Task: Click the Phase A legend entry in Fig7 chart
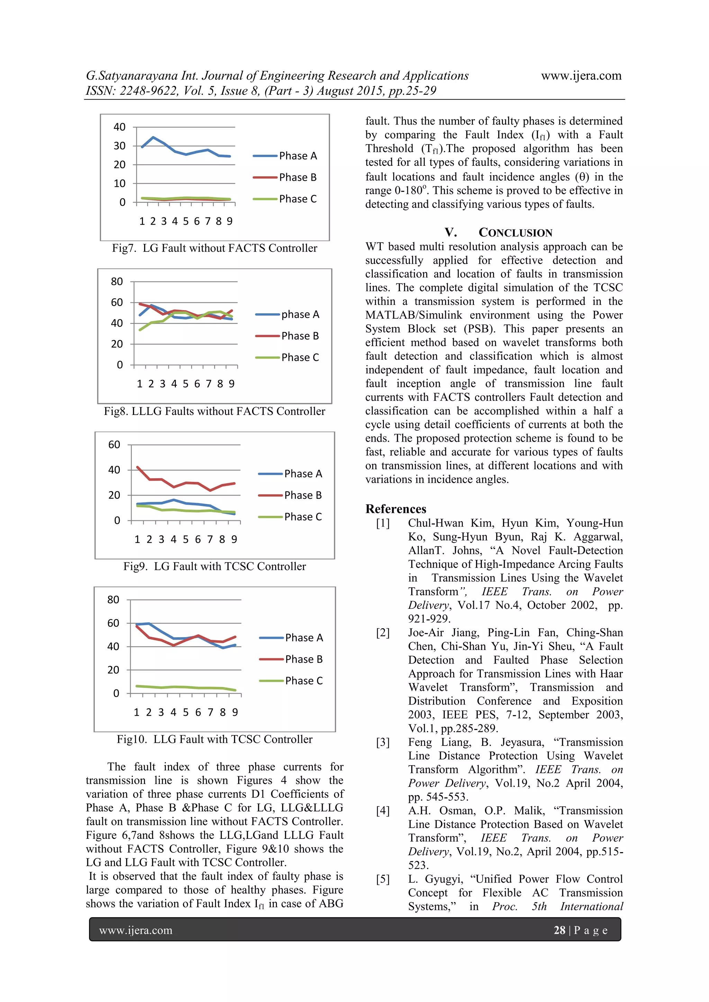[x=297, y=156]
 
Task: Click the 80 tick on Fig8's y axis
[x=117, y=281]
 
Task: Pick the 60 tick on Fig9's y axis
[x=114, y=445]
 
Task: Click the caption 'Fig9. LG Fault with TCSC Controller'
[x=214, y=567]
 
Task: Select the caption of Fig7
[x=214, y=248]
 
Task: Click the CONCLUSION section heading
[x=515, y=233]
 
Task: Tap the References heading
[x=396, y=509]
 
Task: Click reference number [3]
[x=383, y=742]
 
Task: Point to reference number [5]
[x=383, y=879]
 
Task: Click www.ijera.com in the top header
[x=581, y=75]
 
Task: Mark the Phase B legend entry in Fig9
[x=303, y=495]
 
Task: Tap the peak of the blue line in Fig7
[x=153, y=137]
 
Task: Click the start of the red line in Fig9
[x=137, y=467]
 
